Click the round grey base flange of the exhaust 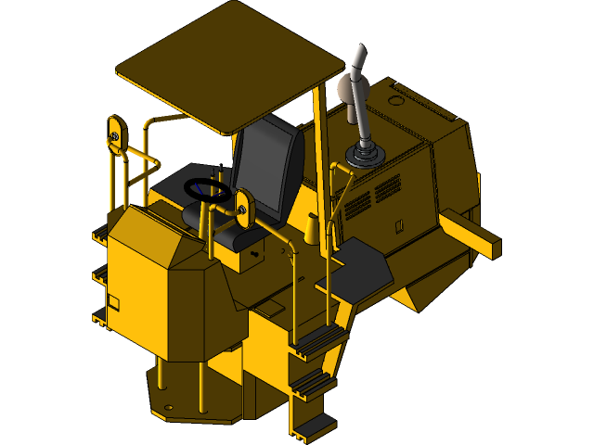(x=362, y=154)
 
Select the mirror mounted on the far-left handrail (x=114, y=129)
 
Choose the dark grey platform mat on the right (x=362, y=263)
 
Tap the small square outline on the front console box (x=113, y=302)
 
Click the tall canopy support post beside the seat (x=323, y=167)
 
